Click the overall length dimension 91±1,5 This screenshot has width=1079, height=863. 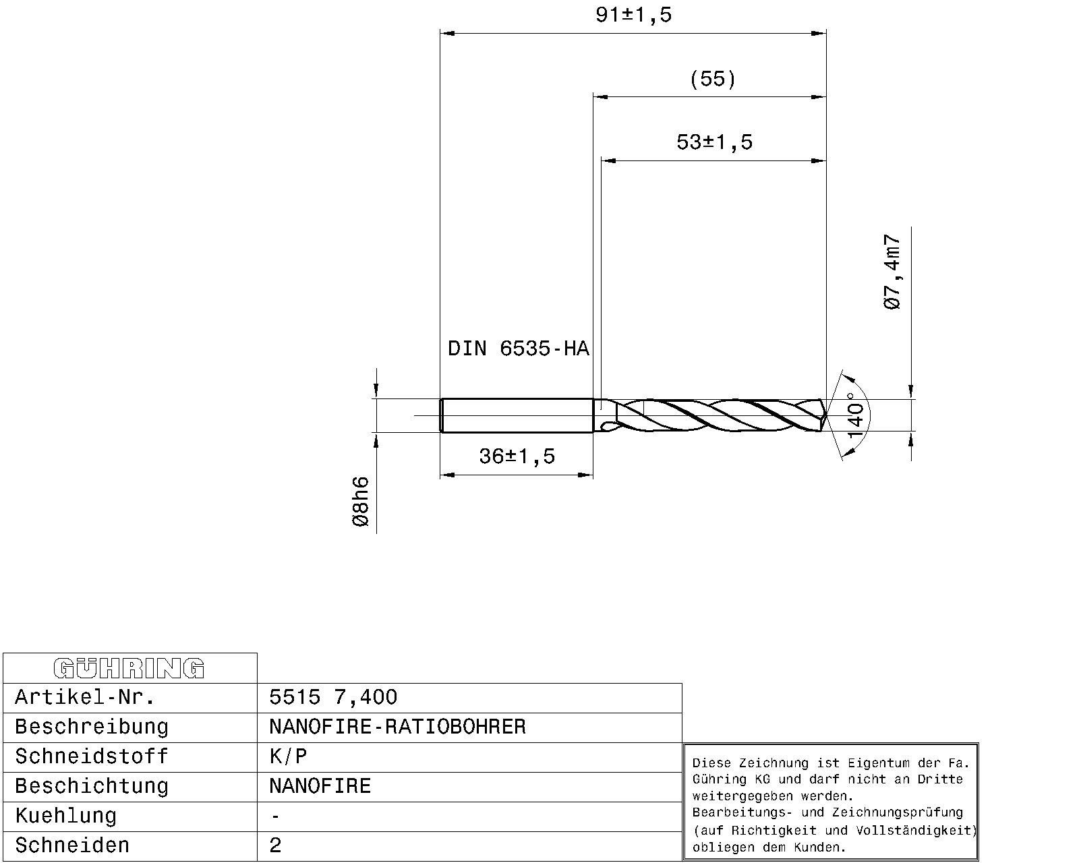(633, 15)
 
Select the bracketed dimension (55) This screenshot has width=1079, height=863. (712, 79)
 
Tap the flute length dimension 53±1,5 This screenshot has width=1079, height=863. (713, 142)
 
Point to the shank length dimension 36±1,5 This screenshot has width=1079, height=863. (517, 456)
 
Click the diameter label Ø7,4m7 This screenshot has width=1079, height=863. (892, 272)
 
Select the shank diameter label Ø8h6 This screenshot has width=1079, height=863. (361, 502)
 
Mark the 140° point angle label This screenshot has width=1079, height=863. (854, 415)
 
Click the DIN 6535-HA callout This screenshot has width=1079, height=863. (518, 349)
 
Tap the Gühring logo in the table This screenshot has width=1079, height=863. (129, 668)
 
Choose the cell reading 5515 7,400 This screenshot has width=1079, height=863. (333, 697)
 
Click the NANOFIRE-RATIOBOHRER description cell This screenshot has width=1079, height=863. (397, 727)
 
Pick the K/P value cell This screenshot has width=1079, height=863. (288, 756)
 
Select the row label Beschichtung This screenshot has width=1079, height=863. (92, 786)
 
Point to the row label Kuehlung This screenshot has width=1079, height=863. (66, 816)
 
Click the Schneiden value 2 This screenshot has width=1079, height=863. (275, 845)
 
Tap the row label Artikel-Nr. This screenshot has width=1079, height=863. (85, 697)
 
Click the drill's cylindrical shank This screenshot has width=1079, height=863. (516, 415)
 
